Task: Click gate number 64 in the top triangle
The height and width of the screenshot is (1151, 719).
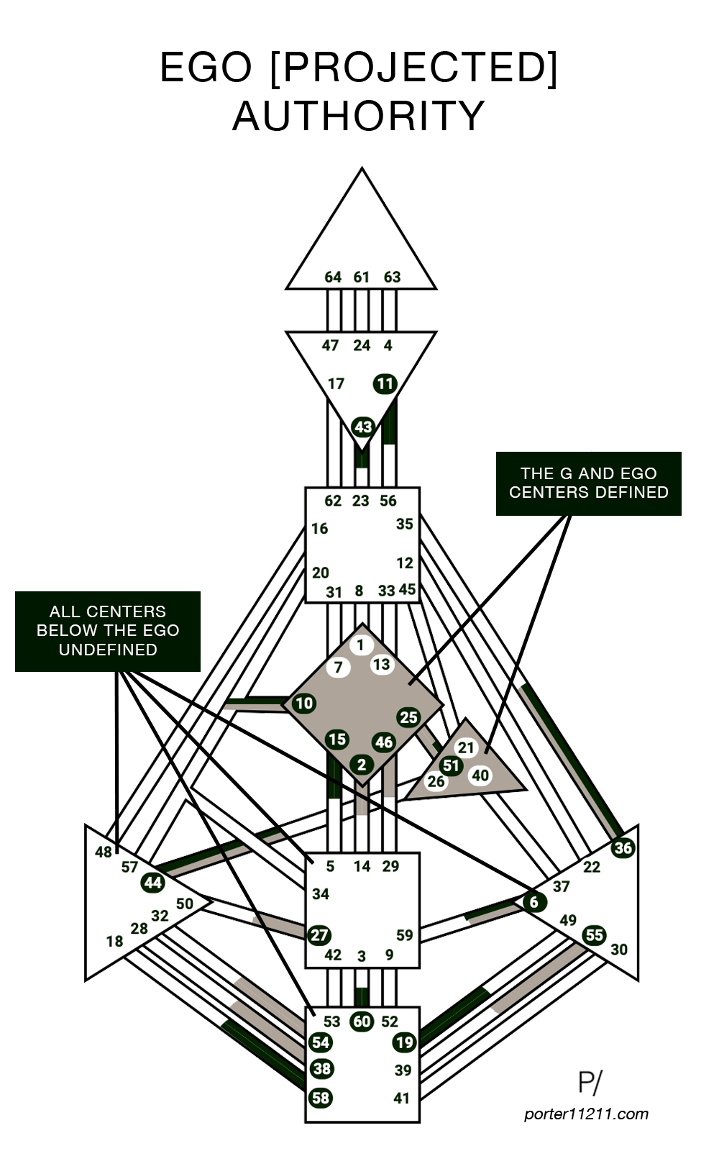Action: point(333,277)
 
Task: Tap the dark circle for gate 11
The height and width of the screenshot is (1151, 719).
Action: point(385,383)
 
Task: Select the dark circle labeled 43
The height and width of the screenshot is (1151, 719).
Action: point(363,427)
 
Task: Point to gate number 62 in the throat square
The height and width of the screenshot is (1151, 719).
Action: point(333,501)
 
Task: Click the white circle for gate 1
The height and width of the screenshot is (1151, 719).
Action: point(361,645)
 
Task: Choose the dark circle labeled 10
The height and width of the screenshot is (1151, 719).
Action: point(304,703)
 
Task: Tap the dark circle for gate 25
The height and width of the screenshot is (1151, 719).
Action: point(408,716)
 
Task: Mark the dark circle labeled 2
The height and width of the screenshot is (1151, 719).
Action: point(362,765)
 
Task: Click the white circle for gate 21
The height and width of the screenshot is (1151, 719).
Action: point(467,748)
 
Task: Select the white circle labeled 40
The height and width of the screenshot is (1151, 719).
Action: point(480,775)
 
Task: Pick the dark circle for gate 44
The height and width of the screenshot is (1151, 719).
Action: point(153,882)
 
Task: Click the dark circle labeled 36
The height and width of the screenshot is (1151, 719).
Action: point(623,848)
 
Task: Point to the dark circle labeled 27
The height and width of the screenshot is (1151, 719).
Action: point(319,935)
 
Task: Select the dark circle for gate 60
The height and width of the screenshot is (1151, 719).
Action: point(362,1022)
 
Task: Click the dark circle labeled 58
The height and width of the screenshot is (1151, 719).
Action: point(321,1098)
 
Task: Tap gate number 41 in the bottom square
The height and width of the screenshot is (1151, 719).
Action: point(402,1098)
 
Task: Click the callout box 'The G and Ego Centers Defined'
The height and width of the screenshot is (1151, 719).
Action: point(588,483)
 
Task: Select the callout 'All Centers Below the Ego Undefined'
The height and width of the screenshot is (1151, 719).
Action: point(108,630)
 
